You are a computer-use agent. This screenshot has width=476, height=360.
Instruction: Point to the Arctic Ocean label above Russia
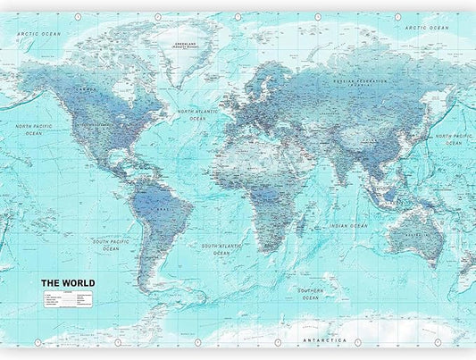point(424,28)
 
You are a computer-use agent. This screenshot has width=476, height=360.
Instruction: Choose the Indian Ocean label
point(348,225)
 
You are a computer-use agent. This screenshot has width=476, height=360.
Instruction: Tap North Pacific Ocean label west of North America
point(34,130)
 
